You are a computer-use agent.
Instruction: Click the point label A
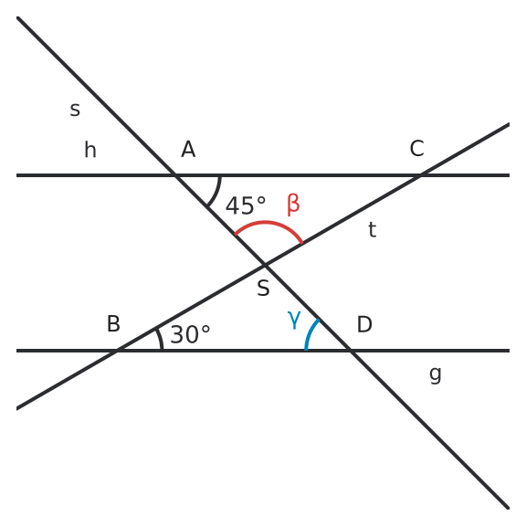188,149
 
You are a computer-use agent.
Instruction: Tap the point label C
417,148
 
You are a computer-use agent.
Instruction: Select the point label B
113,323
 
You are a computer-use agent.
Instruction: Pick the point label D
364,324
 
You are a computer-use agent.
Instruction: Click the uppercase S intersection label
263,288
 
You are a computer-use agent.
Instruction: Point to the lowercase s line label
75,110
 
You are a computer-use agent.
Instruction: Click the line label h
90,150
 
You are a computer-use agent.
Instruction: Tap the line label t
372,230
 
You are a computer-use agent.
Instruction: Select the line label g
436,374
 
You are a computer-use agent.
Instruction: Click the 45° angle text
246,205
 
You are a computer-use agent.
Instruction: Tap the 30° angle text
190,334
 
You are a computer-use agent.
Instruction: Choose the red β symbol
293,205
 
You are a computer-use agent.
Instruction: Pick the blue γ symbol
294,320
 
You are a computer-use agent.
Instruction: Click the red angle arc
265,222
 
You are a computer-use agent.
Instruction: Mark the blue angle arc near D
310,332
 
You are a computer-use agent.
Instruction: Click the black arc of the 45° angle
217,192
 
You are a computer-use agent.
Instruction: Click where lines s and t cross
265,265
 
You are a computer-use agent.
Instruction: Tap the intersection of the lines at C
420,175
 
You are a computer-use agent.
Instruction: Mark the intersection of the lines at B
116,351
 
